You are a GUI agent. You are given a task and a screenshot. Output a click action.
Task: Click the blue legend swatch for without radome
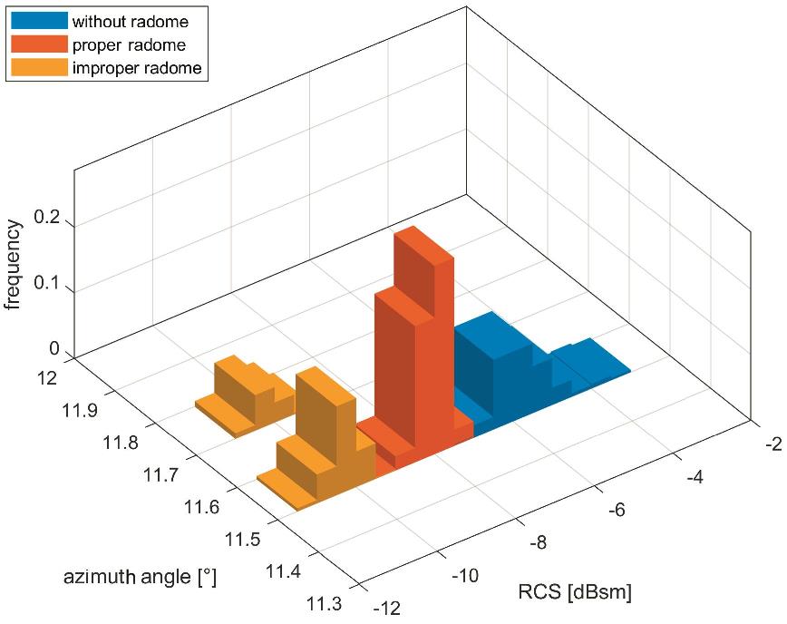click(39, 20)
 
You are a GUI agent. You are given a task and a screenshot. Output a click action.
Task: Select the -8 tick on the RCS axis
click(536, 542)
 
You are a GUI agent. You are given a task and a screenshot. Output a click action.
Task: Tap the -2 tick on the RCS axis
click(772, 444)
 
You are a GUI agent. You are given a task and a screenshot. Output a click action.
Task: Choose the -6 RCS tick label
click(616, 510)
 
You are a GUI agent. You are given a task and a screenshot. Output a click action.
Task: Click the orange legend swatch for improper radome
click(39, 67)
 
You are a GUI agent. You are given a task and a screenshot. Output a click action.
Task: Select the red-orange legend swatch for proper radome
click(39, 44)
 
